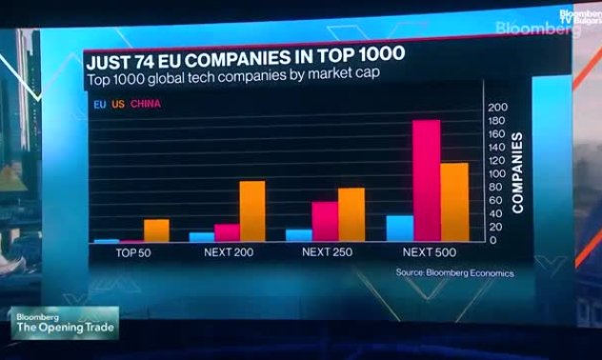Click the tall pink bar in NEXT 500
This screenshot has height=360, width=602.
(x=426, y=181)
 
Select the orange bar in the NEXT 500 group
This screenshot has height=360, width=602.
(x=454, y=202)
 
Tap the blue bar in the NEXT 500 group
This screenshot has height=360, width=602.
(x=399, y=229)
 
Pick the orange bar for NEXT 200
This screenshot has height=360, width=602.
(x=252, y=211)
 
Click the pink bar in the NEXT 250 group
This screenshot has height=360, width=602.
(x=325, y=222)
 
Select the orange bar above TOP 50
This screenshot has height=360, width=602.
(x=156, y=230)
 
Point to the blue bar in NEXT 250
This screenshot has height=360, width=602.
(x=299, y=235)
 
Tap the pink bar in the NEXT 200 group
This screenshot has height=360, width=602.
(x=227, y=233)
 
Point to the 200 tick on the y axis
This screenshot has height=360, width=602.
(x=496, y=108)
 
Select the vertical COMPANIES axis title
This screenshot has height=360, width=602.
(x=518, y=171)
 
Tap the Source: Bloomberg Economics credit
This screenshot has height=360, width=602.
(x=454, y=272)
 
